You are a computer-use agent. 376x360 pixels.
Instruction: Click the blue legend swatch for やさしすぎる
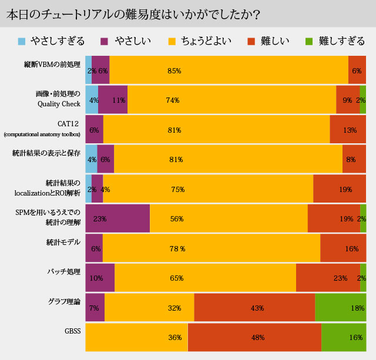tap(22, 41)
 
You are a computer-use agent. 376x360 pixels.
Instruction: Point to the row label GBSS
tap(72, 331)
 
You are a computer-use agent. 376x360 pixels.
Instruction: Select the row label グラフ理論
tap(64, 302)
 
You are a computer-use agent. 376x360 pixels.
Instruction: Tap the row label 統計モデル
tap(63, 242)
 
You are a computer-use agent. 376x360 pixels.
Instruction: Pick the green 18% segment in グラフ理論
tap(340, 308)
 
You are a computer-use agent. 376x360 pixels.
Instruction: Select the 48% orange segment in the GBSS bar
tap(254, 337)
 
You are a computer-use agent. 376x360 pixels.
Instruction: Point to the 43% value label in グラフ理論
tap(257, 308)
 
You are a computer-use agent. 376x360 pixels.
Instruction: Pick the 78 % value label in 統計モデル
tap(177, 248)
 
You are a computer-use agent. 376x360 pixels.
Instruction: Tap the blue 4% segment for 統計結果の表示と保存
tap(91, 159)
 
